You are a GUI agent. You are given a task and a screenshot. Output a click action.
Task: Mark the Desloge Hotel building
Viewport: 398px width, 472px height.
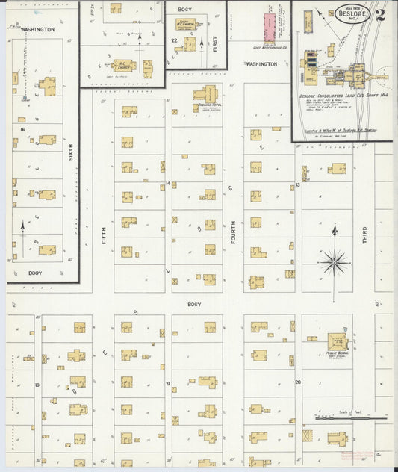[205, 96]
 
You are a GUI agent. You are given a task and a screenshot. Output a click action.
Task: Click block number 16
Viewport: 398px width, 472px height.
[22, 129]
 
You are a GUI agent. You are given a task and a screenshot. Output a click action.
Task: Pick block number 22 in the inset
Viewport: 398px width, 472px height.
[174, 40]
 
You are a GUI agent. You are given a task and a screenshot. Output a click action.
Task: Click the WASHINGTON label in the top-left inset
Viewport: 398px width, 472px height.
[37, 29]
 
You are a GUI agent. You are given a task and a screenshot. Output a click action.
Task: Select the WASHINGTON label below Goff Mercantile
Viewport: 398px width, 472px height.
[261, 64]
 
